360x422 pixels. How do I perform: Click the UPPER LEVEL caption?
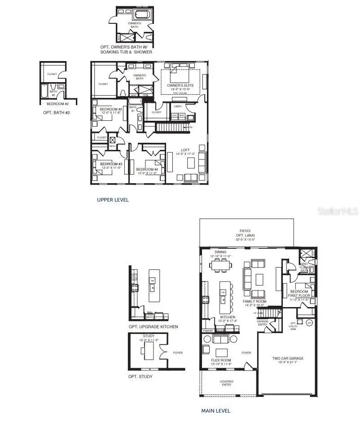[113, 200]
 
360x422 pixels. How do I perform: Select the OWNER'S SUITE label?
[180, 85]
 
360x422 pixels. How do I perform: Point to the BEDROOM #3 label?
[111, 164]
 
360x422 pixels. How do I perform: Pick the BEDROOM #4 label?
[147, 169]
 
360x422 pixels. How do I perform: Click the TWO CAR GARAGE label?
[288, 358]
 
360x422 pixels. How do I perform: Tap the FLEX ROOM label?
[221, 360]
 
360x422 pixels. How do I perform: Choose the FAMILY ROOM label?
[255, 301]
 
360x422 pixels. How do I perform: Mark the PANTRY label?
[208, 331]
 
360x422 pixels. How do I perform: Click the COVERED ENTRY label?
[226, 383]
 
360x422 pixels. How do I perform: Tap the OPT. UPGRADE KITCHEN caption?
[153, 326]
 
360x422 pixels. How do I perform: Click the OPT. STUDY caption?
[140, 376]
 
